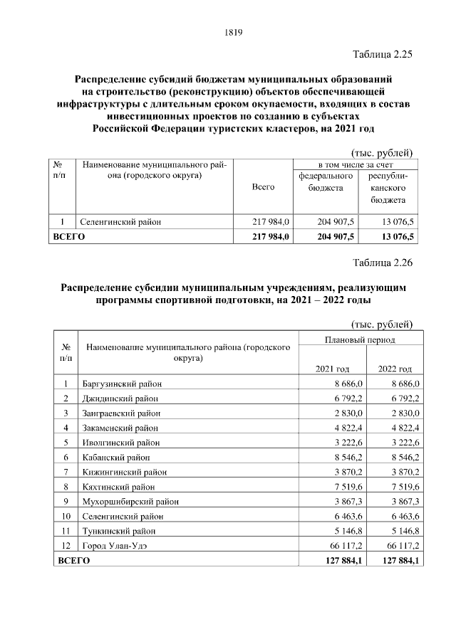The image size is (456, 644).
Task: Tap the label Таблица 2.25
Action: click(383, 54)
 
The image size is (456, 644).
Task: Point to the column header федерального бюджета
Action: click(326, 181)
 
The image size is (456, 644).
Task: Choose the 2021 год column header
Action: click(332, 369)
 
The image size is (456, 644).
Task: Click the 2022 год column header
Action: click(395, 369)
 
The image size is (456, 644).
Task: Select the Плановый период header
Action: click(360, 340)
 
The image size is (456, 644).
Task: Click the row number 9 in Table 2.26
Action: click(66, 501)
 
